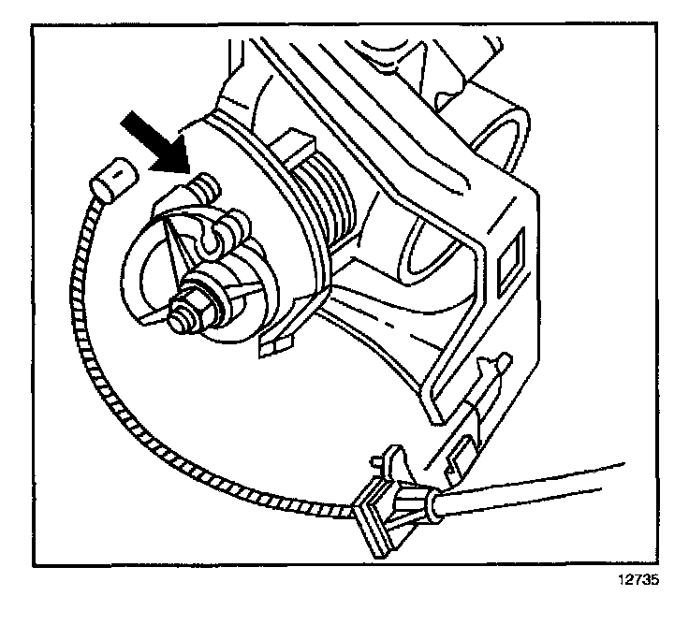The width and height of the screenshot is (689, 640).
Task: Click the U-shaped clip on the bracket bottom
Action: pos(461,454)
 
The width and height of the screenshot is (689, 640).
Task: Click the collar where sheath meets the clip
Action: pos(432,506)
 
